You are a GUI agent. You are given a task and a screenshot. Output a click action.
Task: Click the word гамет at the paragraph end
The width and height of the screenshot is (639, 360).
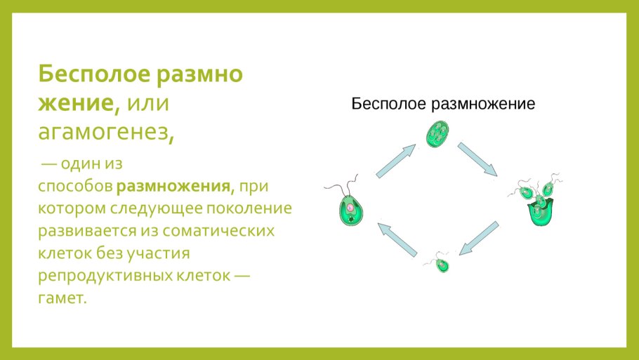pos(61,297)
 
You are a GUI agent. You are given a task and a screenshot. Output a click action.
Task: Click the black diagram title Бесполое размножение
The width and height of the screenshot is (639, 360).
pos(443,105)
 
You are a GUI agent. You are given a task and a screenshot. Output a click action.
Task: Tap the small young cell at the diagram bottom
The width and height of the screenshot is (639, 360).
pos(442,264)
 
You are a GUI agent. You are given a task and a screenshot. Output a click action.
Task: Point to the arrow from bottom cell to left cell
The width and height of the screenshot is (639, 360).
pos(397,238)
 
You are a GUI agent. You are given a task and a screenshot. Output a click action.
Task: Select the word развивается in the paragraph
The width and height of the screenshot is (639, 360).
pos(82,230)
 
